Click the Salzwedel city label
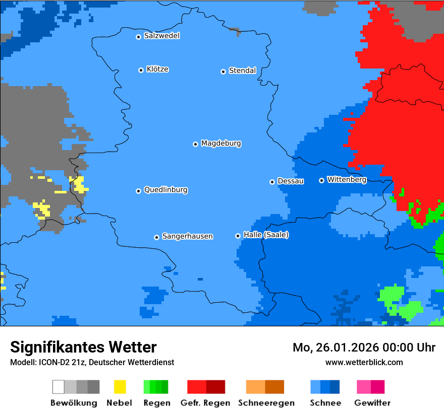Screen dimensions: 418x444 (x=161, y=36)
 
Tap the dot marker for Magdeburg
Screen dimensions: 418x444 (x=195, y=144)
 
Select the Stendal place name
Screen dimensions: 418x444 (x=242, y=71)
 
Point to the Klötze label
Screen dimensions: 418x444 (x=157, y=69)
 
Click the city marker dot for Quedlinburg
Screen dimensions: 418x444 (x=138, y=191)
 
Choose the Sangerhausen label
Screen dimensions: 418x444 (x=187, y=236)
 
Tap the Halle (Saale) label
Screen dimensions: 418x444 (x=266, y=235)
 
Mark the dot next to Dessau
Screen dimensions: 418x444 (x=272, y=182)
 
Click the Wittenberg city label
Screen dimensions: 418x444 (x=347, y=179)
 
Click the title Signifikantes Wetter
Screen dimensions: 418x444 (x=83, y=347)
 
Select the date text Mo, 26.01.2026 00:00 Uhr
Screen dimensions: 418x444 (x=364, y=347)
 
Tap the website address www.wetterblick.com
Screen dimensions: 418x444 (x=364, y=362)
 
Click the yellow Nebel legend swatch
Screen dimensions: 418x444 (x=120, y=387)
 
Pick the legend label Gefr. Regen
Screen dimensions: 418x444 (x=205, y=403)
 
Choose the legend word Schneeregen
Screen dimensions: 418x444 (x=266, y=403)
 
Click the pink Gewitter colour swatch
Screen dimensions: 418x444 (x=364, y=387)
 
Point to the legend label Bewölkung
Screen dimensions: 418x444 (x=74, y=403)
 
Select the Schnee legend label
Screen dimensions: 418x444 (x=325, y=403)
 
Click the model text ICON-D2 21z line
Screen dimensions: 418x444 (x=92, y=362)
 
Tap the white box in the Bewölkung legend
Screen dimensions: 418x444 (x=59, y=387)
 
